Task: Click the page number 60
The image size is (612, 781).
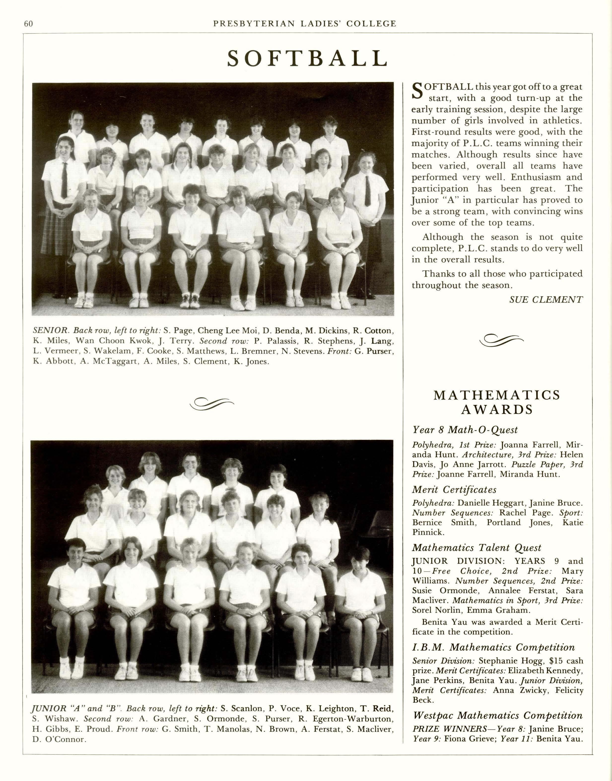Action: coord(28,24)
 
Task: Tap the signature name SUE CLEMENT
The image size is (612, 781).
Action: coord(546,300)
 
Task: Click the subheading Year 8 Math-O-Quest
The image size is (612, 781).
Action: coord(465,430)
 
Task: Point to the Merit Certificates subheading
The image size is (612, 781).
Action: coord(454,489)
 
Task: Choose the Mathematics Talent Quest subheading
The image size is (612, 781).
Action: coord(476,548)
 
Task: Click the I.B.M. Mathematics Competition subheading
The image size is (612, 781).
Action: coord(493,648)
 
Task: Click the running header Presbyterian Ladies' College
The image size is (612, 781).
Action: coord(305,24)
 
